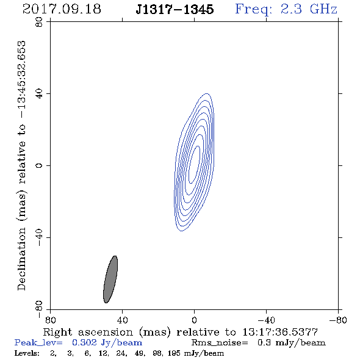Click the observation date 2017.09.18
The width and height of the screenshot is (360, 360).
pos(62,9)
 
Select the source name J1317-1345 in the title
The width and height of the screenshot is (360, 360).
pos(175,9)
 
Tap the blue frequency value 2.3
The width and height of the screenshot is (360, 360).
pos(291,9)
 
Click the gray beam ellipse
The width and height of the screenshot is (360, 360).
pos(110,279)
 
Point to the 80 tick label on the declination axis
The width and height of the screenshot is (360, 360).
pos(39,22)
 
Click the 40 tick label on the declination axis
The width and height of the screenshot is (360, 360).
pos(39,94)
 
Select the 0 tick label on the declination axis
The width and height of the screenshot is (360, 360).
pos(39,165)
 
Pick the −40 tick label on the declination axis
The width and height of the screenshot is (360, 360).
pos(39,237)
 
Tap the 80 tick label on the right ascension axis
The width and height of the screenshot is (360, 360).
pos(50,320)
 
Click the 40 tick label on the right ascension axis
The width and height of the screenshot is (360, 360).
pos(122,320)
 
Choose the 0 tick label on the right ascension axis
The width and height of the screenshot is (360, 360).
pos(194,320)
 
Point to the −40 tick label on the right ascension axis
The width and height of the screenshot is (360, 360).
pos(266,320)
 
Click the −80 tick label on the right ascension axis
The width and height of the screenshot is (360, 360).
pos(338,320)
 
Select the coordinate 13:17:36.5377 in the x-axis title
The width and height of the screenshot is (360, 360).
pos(280,332)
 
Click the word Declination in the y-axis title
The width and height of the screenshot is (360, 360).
pos(21,259)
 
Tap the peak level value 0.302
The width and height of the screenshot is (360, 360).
pos(84,343)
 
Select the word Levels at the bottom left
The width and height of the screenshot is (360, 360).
pos(27,353)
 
